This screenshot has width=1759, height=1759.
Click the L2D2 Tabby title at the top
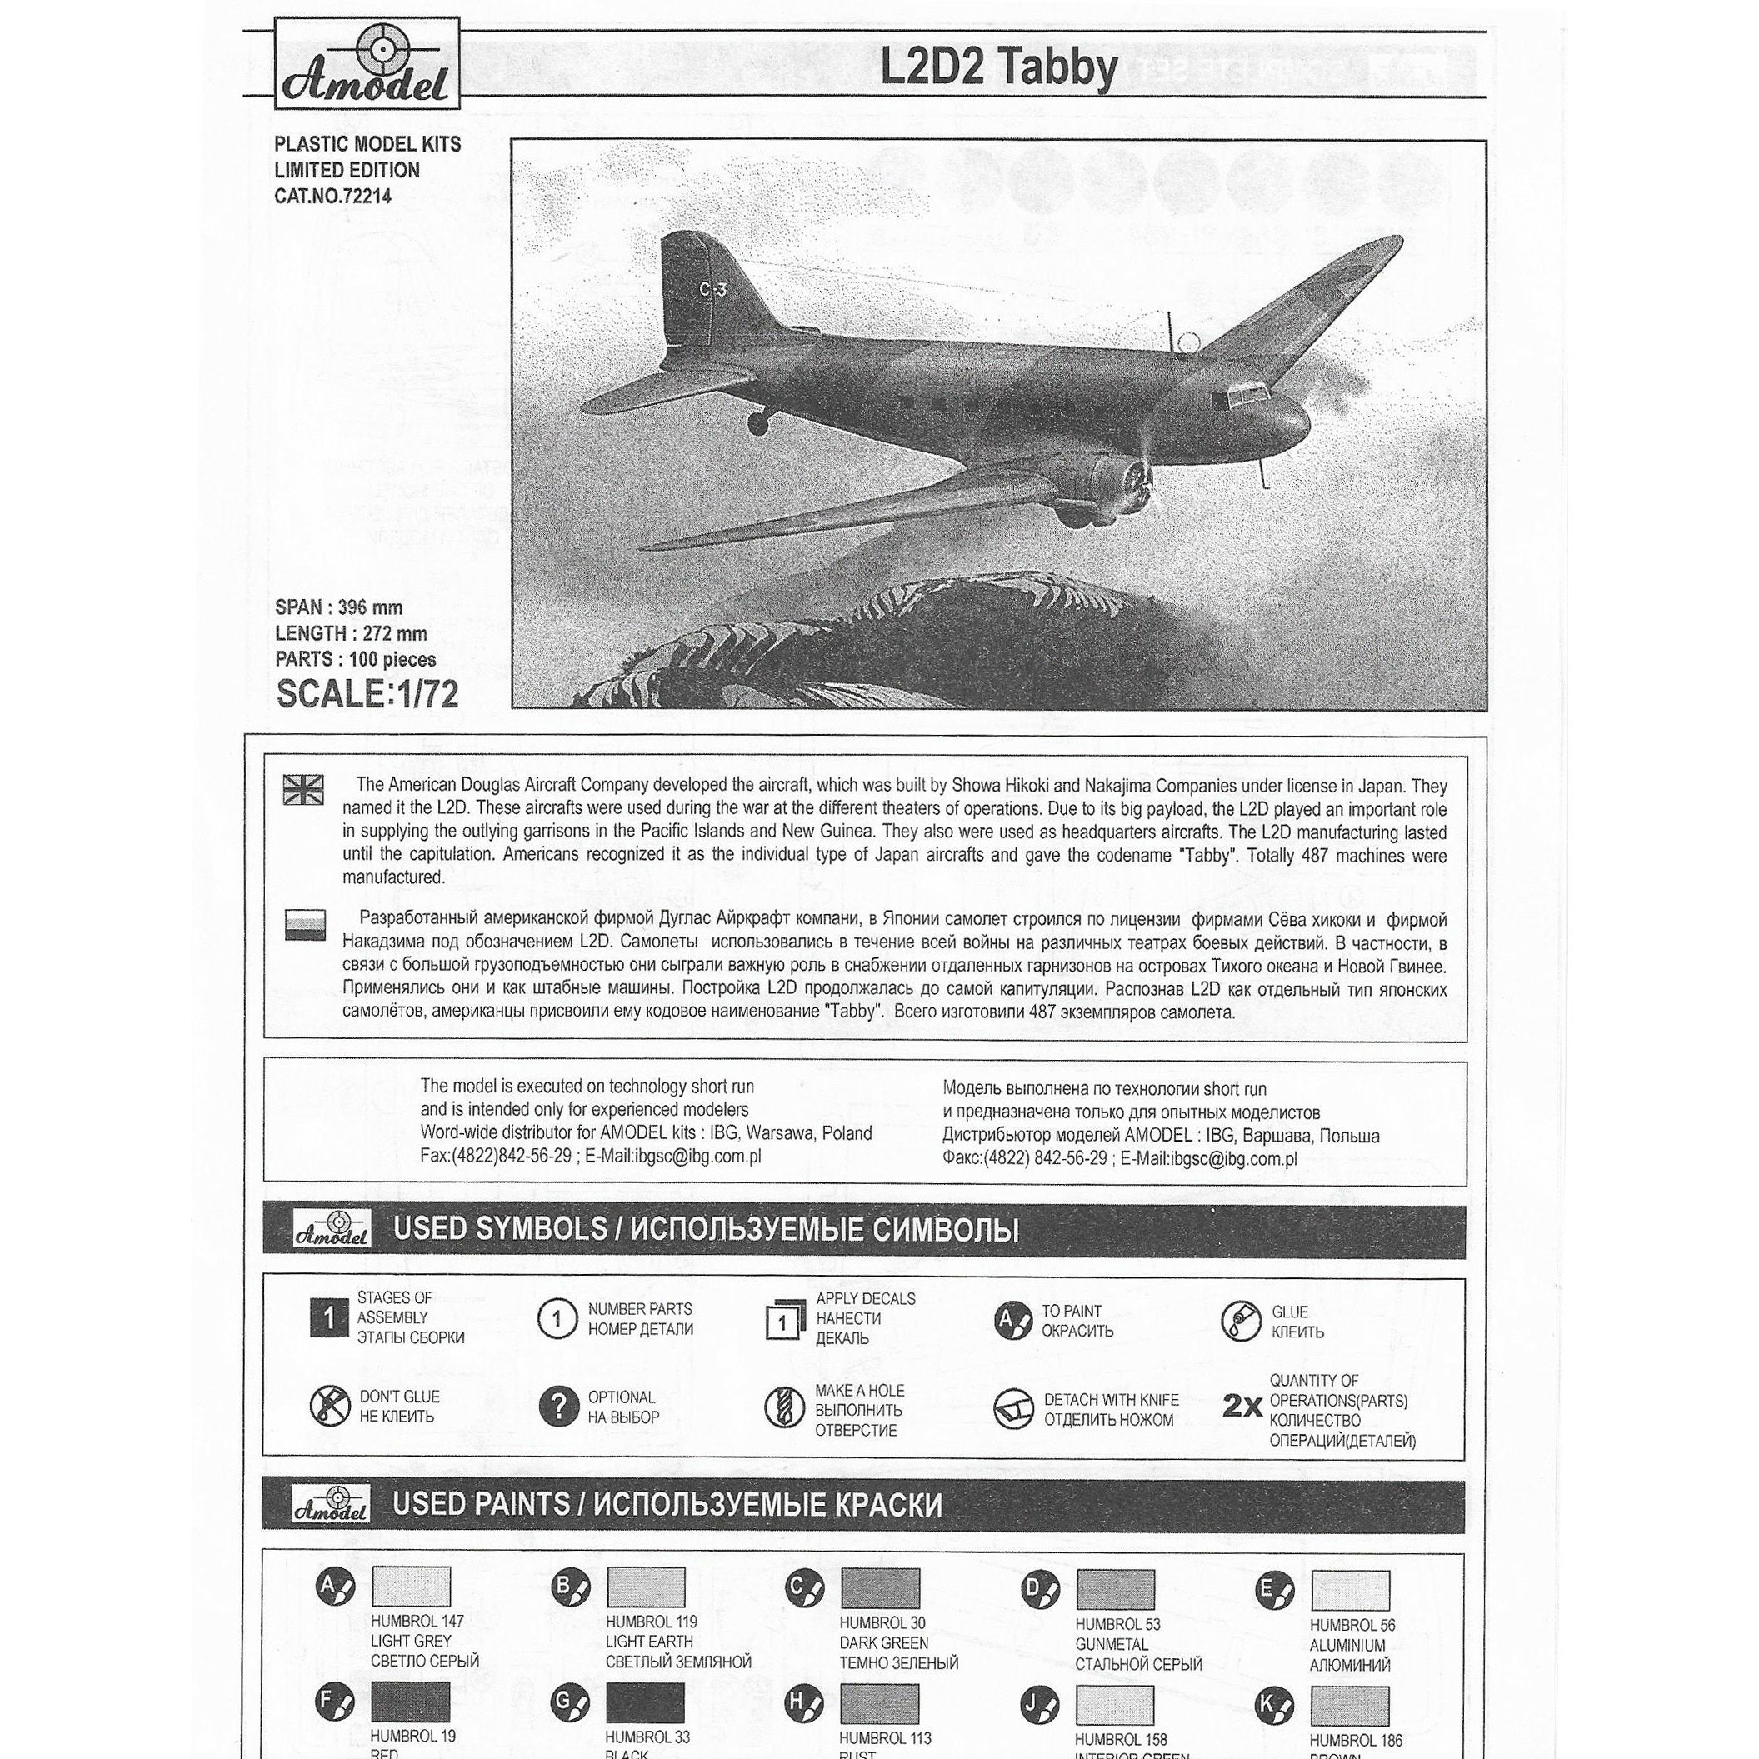point(998,67)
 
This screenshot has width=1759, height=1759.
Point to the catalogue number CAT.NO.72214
point(332,196)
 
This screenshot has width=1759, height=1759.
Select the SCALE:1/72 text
point(367,695)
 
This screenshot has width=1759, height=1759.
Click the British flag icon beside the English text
point(304,789)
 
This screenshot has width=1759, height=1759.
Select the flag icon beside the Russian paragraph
point(304,924)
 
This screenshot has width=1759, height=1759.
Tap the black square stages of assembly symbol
point(328,1317)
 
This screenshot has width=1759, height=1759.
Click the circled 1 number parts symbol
point(557,1317)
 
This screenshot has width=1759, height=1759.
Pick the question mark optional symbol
point(558,1407)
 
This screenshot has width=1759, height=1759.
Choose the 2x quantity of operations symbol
point(1241,1407)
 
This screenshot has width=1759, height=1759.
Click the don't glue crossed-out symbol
point(330,1407)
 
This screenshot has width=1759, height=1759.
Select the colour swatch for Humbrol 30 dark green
point(880,1589)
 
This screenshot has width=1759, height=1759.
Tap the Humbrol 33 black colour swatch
point(645,1703)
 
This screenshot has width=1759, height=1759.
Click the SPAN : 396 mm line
point(338,607)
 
